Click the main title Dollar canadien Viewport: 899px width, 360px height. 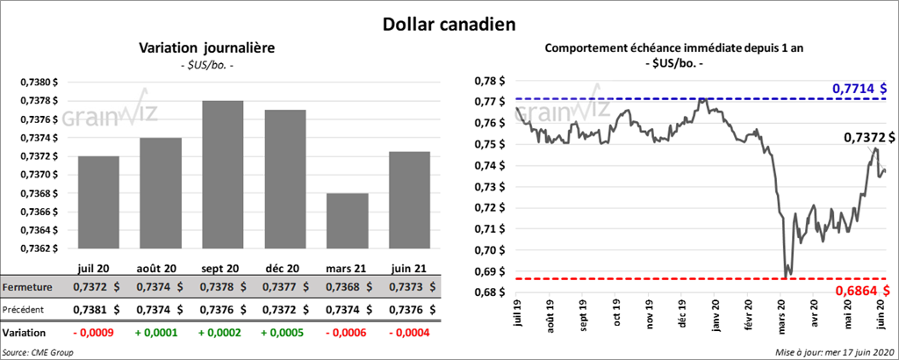click(x=449, y=22)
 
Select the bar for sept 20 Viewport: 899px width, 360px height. click(x=222, y=176)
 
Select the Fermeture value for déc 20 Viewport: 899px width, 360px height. click(x=283, y=287)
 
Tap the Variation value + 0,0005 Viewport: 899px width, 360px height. click(x=283, y=334)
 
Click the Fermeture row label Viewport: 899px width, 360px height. click(x=28, y=287)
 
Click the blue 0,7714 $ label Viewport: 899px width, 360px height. click(x=859, y=89)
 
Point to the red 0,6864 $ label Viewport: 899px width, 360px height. click(x=859, y=290)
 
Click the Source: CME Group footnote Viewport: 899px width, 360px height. click(x=38, y=351)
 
